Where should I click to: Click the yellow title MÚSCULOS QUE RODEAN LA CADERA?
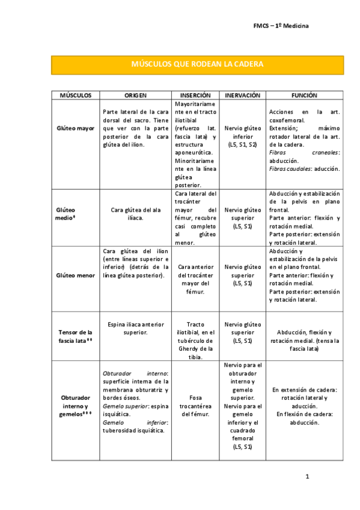(197, 64)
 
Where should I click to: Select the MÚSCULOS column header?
(75, 95)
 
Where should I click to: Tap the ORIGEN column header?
(135, 95)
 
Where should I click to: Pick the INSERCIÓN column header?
(195, 95)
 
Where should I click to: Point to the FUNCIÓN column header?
(304, 95)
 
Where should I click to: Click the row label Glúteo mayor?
(75, 128)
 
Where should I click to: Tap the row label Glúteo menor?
(75, 275)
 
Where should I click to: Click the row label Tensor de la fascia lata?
(75, 336)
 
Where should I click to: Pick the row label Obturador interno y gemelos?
(75, 402)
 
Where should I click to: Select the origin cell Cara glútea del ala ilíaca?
(135, 214)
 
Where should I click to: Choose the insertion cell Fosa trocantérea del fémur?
(195, 406)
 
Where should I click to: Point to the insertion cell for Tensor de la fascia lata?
(195, 340)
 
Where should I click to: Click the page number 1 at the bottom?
(307, 477)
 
